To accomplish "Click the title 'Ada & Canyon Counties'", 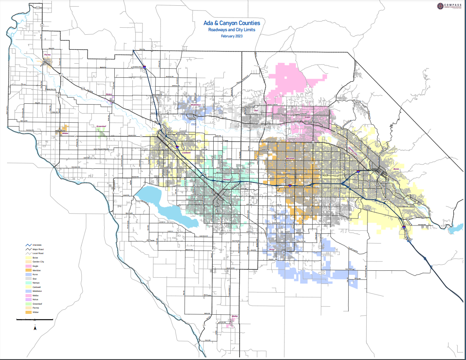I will coord(232,23).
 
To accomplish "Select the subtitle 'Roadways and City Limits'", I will coord(232,29).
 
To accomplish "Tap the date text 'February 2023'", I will coord(232,36).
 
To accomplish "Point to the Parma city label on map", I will coord(48,55).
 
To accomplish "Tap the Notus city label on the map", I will coord(109,94).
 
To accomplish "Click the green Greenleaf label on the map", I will coord(102,126).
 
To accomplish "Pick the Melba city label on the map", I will coord(234,316).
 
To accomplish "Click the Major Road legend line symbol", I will coord(29,249).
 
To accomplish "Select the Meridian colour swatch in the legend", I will coord(29,270).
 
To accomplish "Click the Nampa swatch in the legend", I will coord(29,283).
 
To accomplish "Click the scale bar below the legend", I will coord(35,320).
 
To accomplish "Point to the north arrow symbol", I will coord(35,327).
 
